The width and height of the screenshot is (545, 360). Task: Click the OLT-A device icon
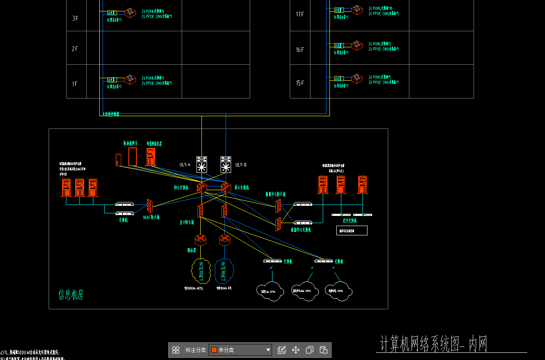pos(202,164)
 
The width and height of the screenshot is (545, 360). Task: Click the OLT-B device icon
pos(226,164)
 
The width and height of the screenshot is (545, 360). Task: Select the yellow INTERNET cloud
pos(200,271)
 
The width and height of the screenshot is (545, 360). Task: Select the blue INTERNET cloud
pos(223,271)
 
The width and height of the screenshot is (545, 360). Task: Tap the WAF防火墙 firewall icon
pos(149,205)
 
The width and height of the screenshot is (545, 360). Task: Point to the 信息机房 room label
pos(71,295)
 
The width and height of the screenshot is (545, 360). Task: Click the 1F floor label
pos(75,84)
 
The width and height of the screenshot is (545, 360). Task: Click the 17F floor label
pos(300,14)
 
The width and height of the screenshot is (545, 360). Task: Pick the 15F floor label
pos(300,83)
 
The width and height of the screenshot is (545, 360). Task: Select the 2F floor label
pos(75,49)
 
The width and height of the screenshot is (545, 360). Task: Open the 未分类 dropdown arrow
pos(268,350)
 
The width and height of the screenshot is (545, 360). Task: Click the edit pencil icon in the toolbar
pos(282,350)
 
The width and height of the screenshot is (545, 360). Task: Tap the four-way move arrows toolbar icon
pos(296,350)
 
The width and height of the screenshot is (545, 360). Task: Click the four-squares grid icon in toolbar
pos(176,350)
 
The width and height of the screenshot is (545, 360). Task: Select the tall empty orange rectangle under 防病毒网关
pos(133,157)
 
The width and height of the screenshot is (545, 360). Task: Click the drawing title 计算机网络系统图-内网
pos(434,344)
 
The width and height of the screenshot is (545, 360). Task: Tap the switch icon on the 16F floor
pos(357,45)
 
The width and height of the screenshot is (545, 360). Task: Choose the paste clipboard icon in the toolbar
pos(323,350)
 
